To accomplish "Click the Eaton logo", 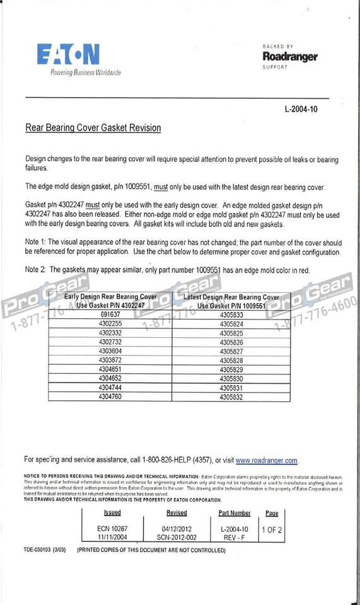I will (x=68, y=55).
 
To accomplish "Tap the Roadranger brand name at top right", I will (x=290, y=57).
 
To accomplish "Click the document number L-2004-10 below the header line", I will (x=306, y=109).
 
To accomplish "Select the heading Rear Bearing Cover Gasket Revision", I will (x=93, y=128).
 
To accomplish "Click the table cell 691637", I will (x=110, y=313).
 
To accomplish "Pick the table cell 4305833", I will (x=231, y=313).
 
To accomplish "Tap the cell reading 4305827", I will (x=231, y=351).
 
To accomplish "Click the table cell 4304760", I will (x=110, y=397).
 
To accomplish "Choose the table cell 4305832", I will (x=231, y=398).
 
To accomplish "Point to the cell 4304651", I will (x=110, y=369).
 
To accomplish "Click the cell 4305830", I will (x=231, y=379).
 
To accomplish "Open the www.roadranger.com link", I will (x=267, y=461).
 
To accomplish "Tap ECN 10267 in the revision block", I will (x=112, y=529).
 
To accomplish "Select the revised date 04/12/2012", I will (x=177, y=529).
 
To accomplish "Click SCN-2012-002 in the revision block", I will (x=177, y=538).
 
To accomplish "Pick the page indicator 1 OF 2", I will (x=272, y=529).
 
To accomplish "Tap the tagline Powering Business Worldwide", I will (x=85, y=72).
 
